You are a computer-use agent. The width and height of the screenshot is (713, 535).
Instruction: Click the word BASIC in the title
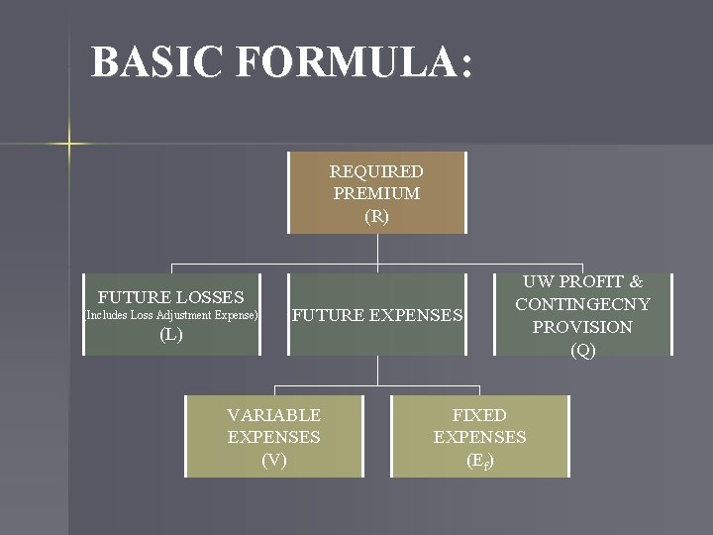[156, 62]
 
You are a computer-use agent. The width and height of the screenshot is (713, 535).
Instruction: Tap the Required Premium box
[376, 193]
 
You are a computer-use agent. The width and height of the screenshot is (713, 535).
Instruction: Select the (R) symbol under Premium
[376, 215]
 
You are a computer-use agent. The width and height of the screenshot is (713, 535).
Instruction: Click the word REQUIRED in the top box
[376, 171]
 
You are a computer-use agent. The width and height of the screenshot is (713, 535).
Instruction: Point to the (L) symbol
[171, 335]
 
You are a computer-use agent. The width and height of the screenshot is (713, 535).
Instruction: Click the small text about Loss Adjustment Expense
[171, 315]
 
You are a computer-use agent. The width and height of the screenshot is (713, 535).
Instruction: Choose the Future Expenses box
[377, 315]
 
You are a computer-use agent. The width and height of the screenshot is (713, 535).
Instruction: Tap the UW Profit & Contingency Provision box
[582, 315]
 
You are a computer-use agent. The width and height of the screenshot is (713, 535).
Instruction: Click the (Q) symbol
[583, 349]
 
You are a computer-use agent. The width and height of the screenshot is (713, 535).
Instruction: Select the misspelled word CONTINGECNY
[582, 304]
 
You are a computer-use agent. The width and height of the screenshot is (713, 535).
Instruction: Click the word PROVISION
[582, 326]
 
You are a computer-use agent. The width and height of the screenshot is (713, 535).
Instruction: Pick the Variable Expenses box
[274, 437]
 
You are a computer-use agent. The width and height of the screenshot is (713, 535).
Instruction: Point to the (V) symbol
[274, 459]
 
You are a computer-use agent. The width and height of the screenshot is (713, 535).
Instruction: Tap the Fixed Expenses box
[479, 437]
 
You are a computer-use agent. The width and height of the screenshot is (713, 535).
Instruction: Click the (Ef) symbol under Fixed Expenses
[479, 460]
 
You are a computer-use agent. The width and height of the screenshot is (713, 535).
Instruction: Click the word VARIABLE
[274, 415]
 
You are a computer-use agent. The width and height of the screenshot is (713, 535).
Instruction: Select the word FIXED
[479, 415]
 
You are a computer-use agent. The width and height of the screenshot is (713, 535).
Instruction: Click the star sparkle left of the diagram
[69, 144]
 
